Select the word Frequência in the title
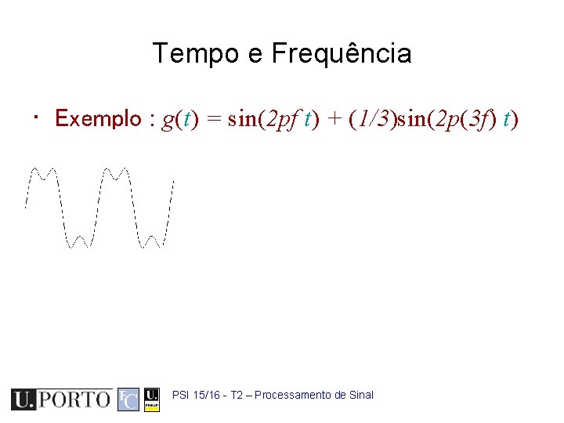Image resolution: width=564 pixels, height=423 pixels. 341,54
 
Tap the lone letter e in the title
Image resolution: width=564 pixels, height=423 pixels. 254,55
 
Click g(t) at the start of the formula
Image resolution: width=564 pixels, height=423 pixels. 179,119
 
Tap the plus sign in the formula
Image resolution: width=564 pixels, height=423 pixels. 334,119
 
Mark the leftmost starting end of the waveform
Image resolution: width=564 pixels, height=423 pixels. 26,207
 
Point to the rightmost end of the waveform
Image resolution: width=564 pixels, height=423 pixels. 172,182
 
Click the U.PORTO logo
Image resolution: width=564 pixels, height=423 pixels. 61,399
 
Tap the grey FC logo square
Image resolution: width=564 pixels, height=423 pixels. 128,399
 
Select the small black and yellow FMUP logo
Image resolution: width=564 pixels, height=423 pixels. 153,399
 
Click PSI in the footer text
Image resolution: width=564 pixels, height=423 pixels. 180,395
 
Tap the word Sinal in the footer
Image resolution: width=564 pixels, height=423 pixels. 360,395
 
